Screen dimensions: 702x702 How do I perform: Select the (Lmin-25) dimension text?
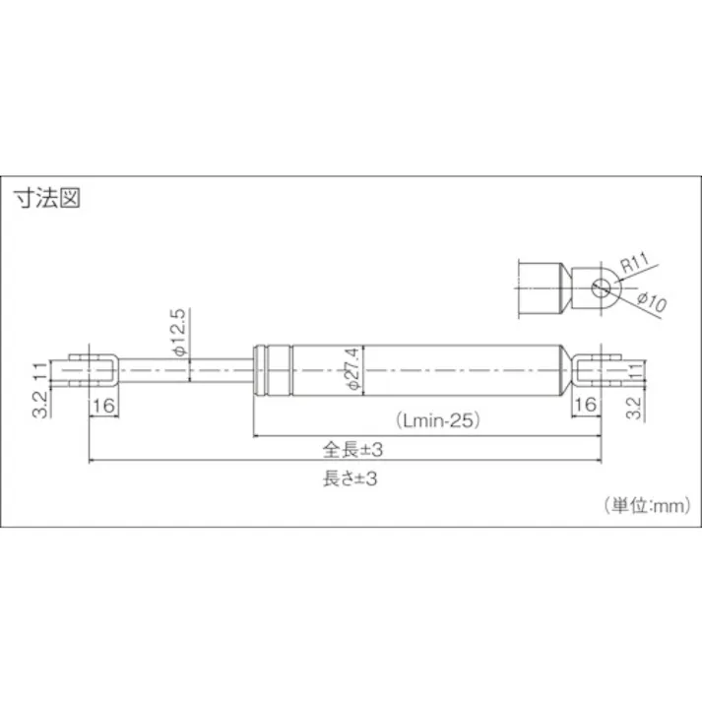point(439,419)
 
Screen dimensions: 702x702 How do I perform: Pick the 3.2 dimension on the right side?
point(636,408)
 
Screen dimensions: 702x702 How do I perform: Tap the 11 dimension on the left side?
point(40,371)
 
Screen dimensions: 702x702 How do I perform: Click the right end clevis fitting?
point(593,369)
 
